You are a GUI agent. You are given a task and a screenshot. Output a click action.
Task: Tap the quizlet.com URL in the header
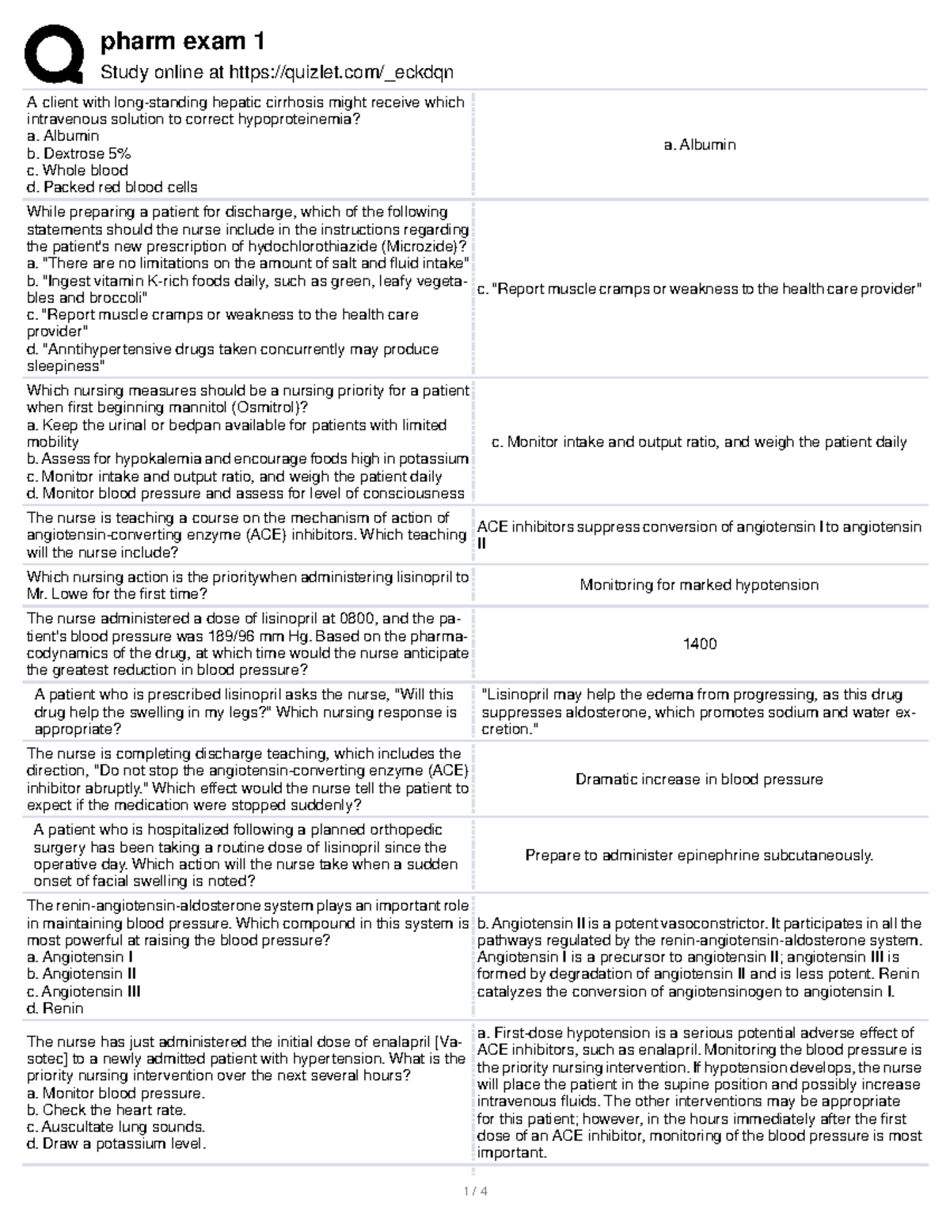click(x=340, y=73)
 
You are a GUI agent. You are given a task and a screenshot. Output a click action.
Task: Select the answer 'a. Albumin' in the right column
click(x=700, y=145)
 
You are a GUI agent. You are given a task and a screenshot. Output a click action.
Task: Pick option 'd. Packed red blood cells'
click(x=112, y=188)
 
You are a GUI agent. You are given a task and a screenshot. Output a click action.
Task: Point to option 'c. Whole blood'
click(x=77, y=170)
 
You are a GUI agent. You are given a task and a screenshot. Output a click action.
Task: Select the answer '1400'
click(x=700, y=644)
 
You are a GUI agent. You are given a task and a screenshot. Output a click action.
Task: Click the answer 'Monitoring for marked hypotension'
click(x=699, y=585)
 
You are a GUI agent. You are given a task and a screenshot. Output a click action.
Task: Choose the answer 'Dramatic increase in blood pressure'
click(x=699, y=780)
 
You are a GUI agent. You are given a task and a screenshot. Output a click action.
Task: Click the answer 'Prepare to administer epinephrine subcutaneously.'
click(x=699, y=855)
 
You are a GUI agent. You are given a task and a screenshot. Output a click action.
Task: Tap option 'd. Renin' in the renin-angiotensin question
click(x=55, y=1008)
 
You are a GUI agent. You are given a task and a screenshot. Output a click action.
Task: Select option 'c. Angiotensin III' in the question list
click(x=83, y=992)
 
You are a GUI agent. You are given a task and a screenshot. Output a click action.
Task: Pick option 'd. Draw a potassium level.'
click(x=116, y=1144)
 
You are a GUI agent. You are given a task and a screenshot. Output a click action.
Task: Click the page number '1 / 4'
click(x=473, y=1191)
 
